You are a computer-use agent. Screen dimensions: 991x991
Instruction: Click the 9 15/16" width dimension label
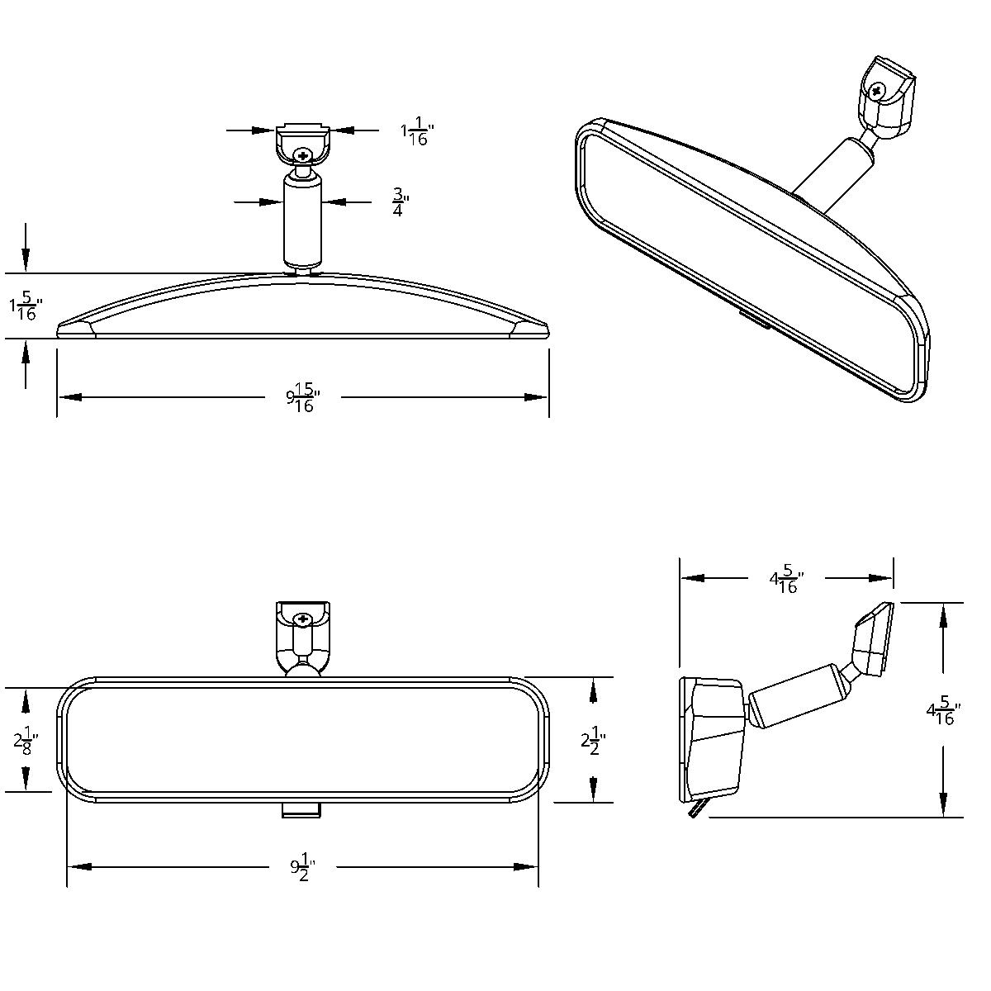303,398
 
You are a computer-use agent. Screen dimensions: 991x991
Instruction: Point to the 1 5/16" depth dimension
25,306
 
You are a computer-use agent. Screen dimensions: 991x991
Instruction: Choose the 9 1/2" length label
302,867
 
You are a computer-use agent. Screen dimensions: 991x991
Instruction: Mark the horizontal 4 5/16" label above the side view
786,579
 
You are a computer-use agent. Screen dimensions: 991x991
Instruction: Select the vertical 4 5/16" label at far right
943,711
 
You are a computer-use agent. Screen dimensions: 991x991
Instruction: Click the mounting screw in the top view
303,154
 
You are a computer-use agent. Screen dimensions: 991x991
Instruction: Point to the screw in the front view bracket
302,619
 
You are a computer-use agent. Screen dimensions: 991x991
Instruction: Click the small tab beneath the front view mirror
301,810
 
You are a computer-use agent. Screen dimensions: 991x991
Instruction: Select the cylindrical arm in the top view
302,218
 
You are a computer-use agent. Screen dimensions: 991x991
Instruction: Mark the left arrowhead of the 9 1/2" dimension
79,866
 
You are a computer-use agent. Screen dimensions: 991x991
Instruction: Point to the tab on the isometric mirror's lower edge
755,320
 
